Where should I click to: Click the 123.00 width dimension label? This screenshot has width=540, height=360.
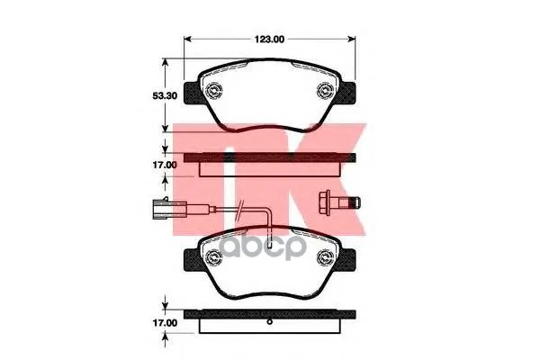point(269,40)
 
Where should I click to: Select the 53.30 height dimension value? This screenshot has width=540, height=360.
point(165,95)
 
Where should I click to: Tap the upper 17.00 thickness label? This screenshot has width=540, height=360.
point(165,165)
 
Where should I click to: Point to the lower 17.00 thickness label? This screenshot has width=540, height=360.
point(165,323)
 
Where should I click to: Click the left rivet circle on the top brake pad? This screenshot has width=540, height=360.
point(213,91)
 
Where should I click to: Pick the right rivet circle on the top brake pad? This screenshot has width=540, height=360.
point(325,91)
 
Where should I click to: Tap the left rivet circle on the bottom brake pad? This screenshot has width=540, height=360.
point(213,256)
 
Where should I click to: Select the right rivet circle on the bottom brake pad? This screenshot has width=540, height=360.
point(325,256)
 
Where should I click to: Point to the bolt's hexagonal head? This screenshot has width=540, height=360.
point(325,202)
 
